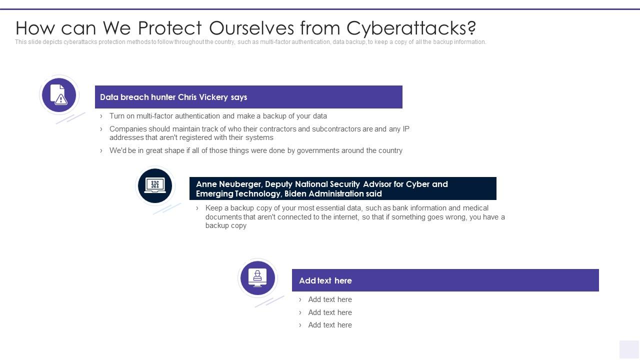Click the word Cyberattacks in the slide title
(x=411, y=27)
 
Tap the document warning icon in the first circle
(x=59, y=94)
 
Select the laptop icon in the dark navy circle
(x=155, y=185)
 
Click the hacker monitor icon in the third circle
(x=257, y=278)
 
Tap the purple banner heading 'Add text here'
(x=325, y=280)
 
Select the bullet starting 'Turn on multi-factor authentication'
(x=218, y=116)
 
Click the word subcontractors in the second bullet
(x=336, y=129)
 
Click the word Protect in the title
(x=170, y=27)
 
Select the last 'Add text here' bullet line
(x=330, y=325)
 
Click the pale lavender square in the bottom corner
(x=629, y=349)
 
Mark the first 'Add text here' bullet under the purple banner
(x=330, y=299)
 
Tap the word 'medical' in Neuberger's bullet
(x=475, y=208)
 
